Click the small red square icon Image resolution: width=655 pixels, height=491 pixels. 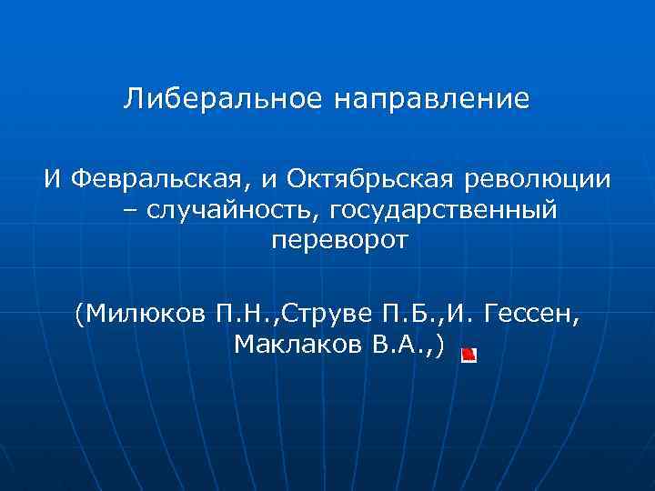[x=469, y=354]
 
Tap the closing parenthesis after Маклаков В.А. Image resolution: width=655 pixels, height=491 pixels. [x=441, y=346]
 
